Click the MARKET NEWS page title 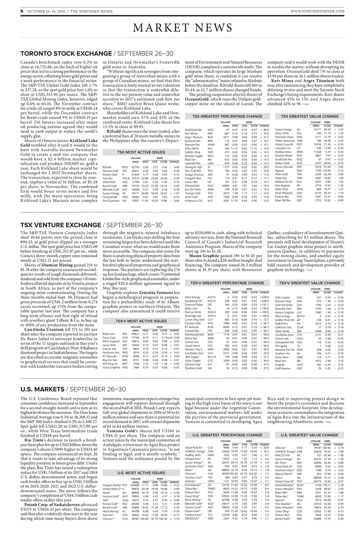180,28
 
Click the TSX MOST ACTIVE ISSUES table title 141,152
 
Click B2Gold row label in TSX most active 109,167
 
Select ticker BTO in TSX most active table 124,167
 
